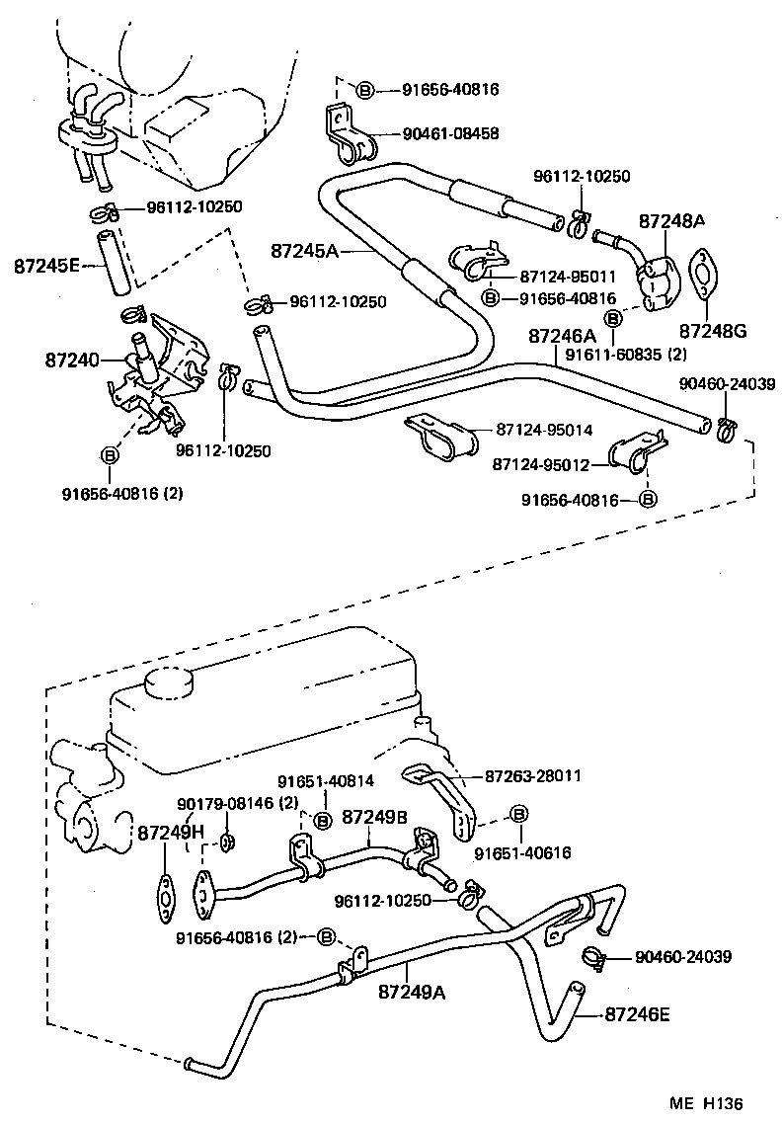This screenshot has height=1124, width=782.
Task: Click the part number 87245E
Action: coord(45,266)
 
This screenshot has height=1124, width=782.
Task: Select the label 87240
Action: coord(71,360)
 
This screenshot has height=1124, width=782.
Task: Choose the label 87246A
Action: coord(562,335)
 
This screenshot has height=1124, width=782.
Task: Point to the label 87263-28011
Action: coord(532,776)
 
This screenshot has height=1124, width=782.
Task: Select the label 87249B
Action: coord(375,817)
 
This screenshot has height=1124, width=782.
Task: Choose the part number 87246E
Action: coord(637,1013)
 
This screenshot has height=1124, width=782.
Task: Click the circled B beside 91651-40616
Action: coord(519,813)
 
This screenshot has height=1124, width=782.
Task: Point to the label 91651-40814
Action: coord(326,780)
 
